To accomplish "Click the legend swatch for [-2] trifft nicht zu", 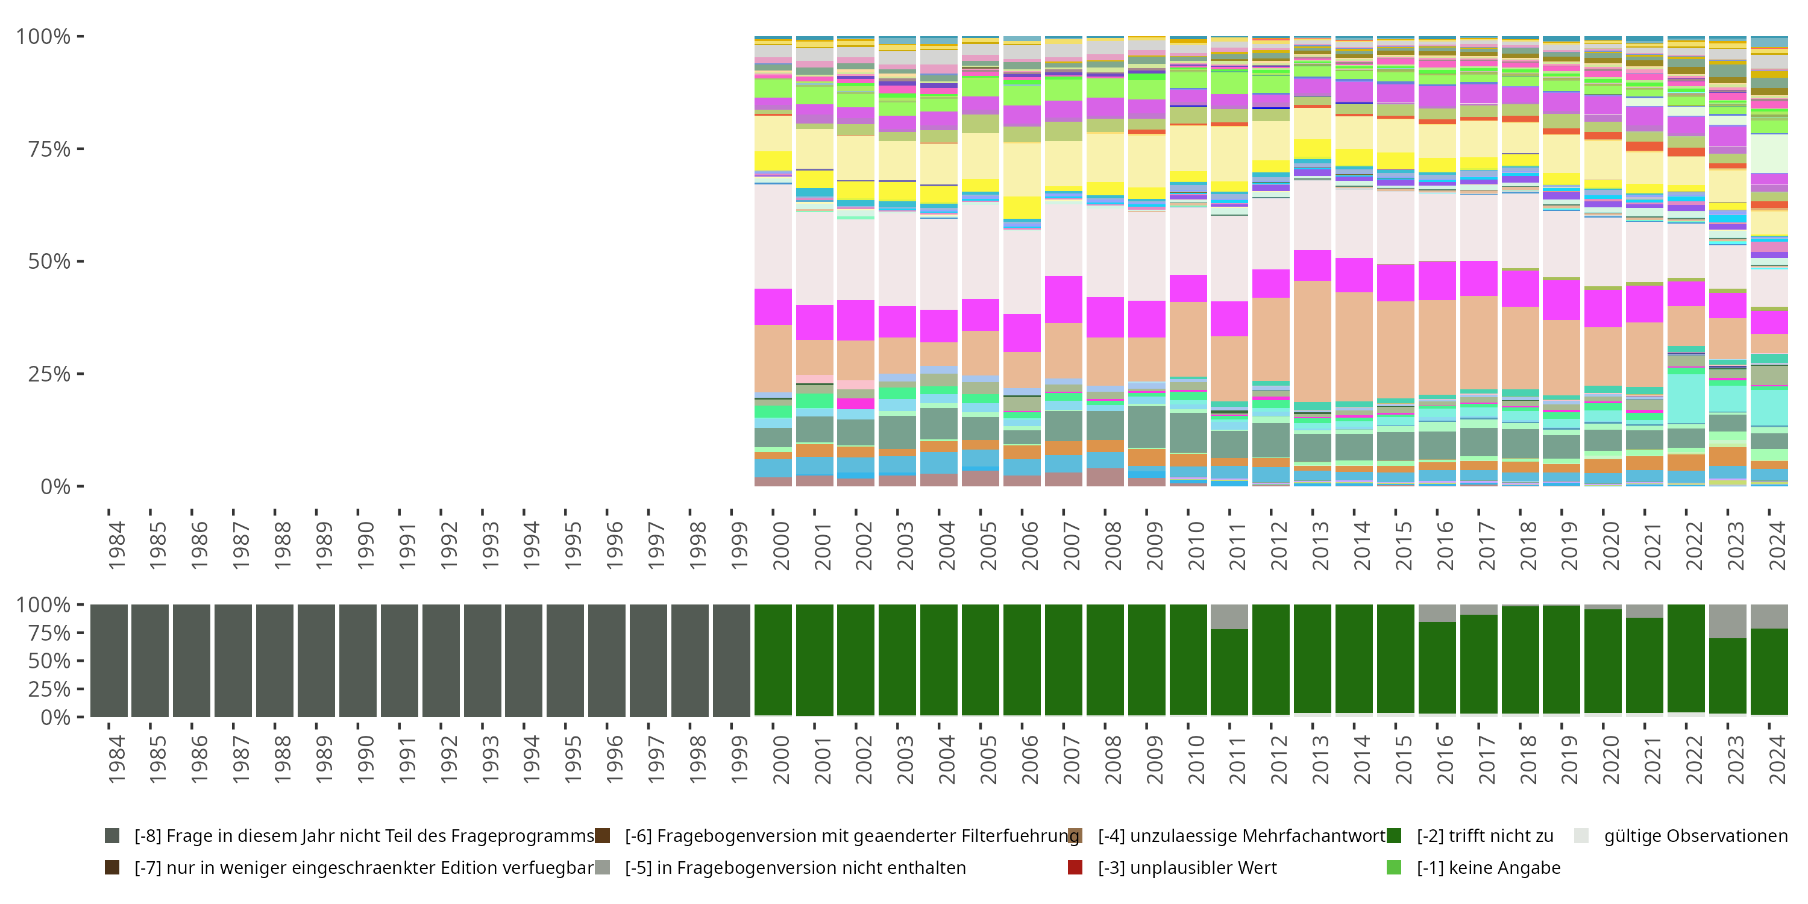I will tap(1394, 836).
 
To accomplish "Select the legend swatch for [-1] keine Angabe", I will tap(1394, 867).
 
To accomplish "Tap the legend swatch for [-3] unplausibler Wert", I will tap(1075, 867).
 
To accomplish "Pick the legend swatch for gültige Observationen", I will tap(1581, 836).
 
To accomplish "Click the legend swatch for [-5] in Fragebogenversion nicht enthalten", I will tap(602, 867).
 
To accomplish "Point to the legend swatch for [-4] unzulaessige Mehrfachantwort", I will tap(1075, 836).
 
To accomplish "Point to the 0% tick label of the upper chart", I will tap(55, 486).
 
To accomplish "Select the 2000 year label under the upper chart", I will tap(781, 545).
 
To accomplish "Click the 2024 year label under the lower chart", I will tap(1777, 759).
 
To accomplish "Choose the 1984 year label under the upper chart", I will tap(116, 545).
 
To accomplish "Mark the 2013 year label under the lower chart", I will tap(1320, 759).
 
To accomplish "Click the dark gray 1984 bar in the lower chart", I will tap(109, 661).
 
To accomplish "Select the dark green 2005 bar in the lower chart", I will tap(981, 661).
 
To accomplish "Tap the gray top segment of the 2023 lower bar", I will tap(1727, 621).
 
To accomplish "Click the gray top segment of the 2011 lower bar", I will tap(1229, 617).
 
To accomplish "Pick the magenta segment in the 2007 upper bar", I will tap(1063, 300).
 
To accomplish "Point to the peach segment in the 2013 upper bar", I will tap(1313, 341).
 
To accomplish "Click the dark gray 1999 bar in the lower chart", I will tap(732, 661).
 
